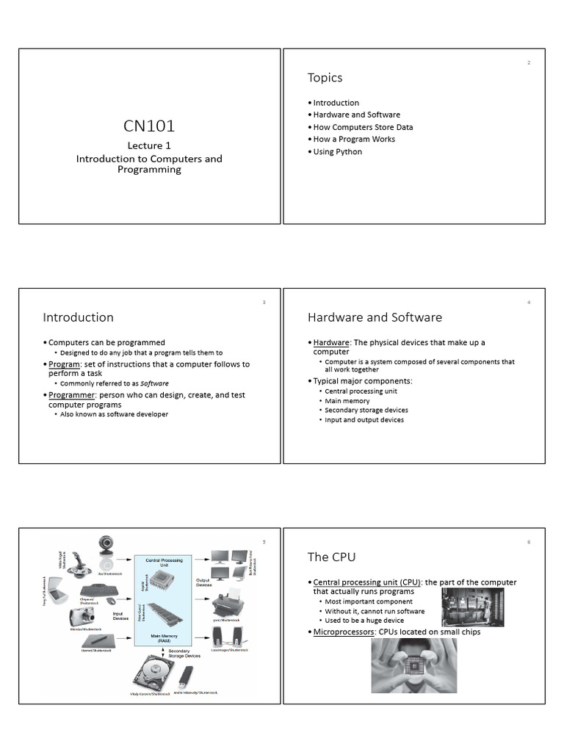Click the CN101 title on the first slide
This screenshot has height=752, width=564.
[x=148, y=127]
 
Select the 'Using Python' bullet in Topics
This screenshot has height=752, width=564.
[x=337, y=152]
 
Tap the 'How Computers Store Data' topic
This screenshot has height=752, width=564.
[x=363, y=127]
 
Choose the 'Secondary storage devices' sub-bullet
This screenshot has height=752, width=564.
[x=366, y=411]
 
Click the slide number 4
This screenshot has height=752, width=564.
[x=528, y=303]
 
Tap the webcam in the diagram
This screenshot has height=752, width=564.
[x=108, y=549]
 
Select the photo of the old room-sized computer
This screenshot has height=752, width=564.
[x=472, y=607]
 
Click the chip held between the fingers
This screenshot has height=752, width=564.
[x=414, y=665]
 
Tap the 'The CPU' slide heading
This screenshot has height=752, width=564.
[x=331, y=557]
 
